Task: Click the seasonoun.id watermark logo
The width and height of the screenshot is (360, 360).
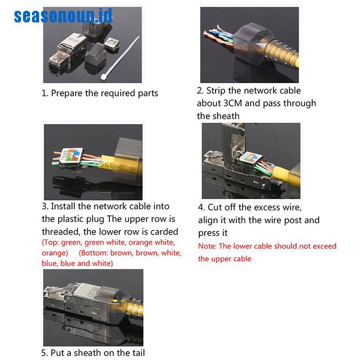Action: click(x=63, y=16)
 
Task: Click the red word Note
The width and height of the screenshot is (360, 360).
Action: click(x=207, y=246)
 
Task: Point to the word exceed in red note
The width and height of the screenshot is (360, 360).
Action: click(x=323, y=246)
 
